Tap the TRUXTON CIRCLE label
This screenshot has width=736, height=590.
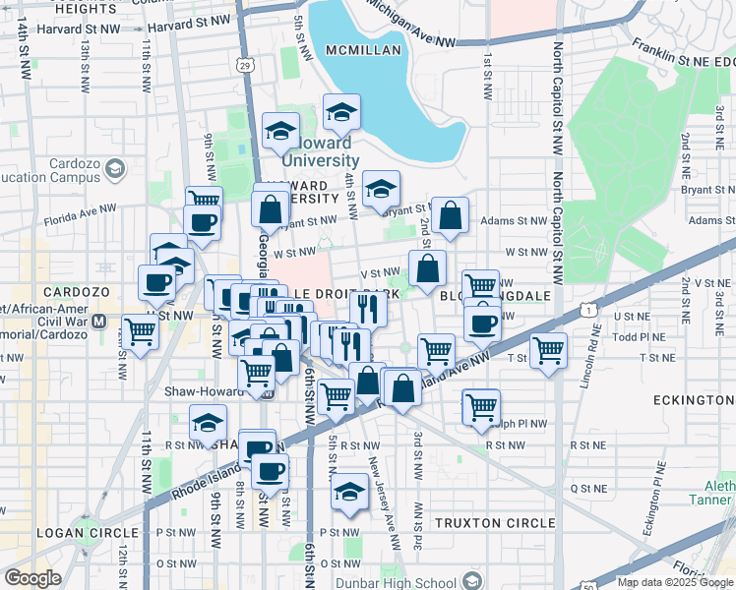click(495, 523)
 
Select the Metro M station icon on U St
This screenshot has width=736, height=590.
click(98, 321)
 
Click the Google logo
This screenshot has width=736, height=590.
click(32, 577)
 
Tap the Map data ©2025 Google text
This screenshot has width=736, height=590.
click(675, 582)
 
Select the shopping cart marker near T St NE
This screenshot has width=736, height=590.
click(548, 351)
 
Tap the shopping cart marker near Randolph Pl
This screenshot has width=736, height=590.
click(481, 406)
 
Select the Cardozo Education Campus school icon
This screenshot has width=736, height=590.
click(115, 170)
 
